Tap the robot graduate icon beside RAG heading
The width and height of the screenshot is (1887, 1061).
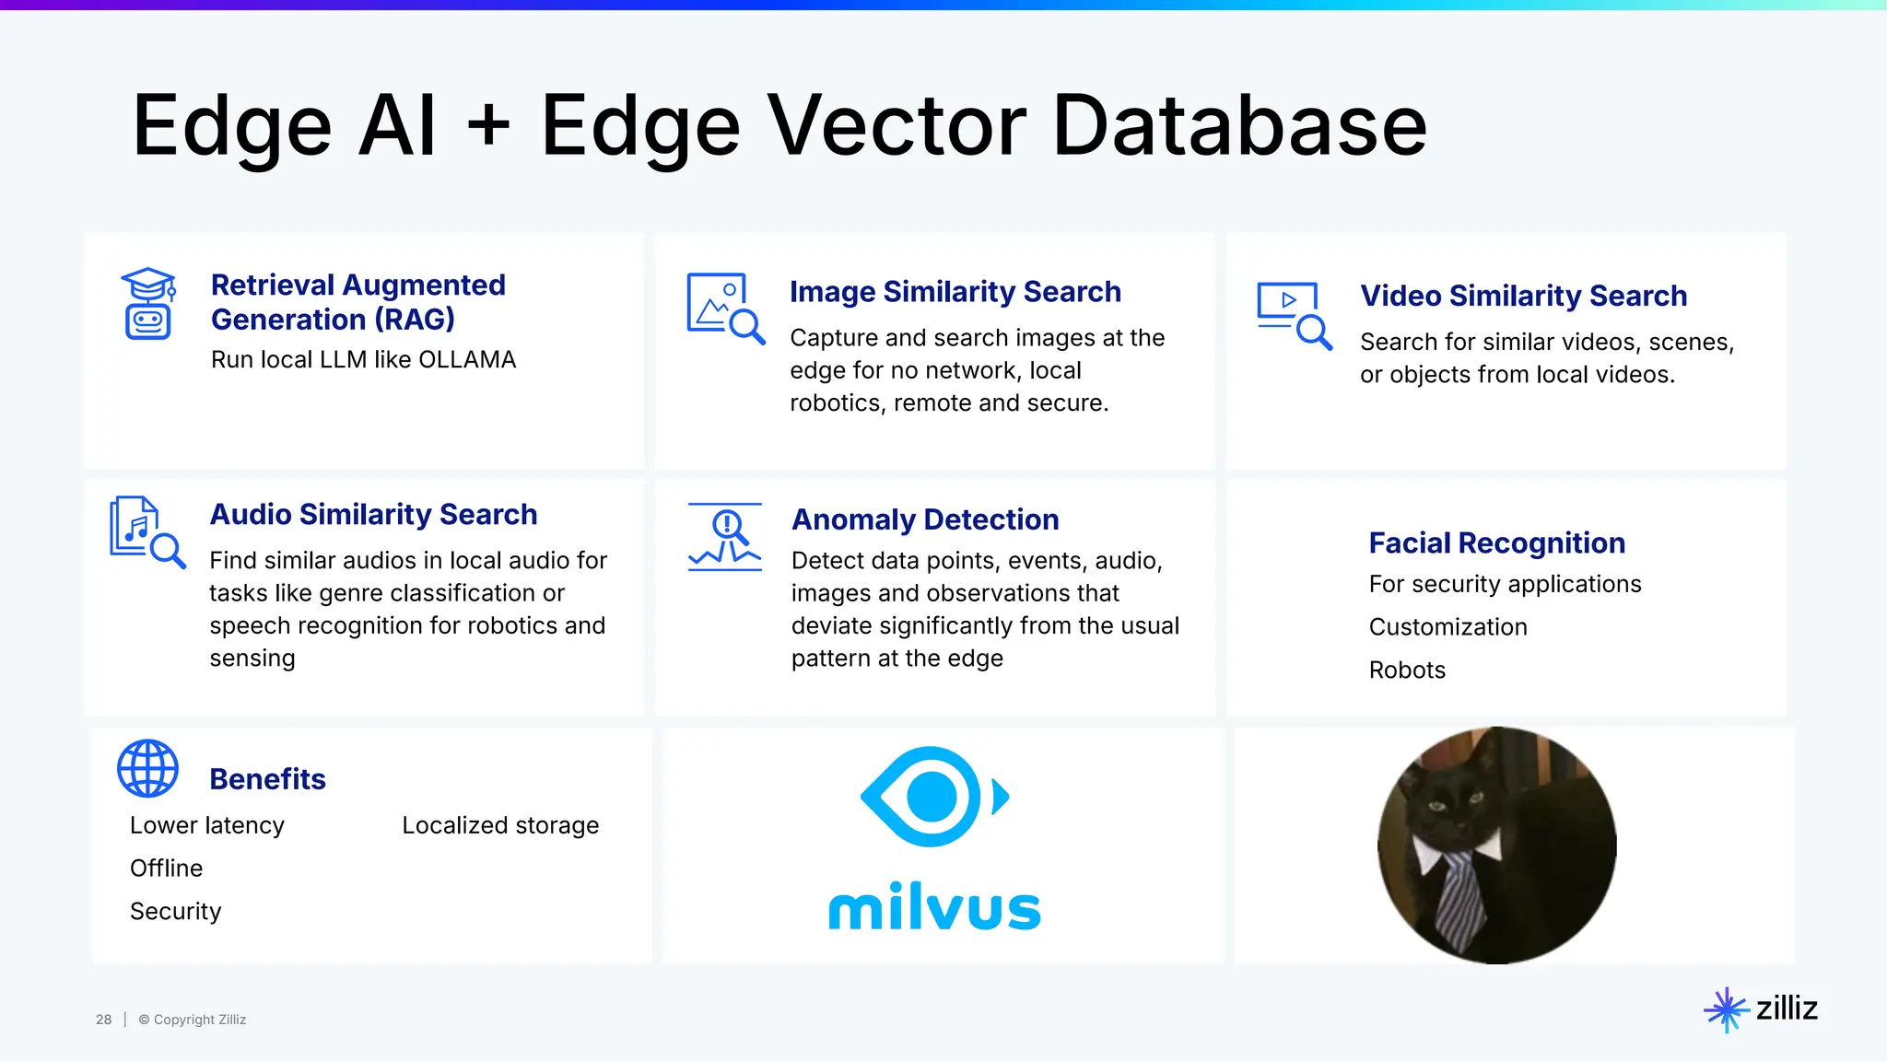point(147,304)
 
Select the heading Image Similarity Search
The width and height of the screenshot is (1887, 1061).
point(955,292)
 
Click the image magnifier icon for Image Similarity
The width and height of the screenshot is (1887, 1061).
point(725,308)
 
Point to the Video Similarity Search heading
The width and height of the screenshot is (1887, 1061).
point(1523,296)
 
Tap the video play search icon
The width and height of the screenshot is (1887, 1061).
point(1294,315)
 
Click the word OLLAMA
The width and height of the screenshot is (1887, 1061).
point(467,360)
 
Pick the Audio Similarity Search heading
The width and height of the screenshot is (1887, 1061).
point(373,514)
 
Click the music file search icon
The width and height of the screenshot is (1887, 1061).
point(147,531)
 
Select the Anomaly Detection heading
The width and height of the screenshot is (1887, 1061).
point(925,519)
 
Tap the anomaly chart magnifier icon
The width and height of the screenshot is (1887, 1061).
point(725,537)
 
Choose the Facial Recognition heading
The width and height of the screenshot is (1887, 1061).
point(1496,543)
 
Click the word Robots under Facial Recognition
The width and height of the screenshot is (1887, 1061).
point(1407,670)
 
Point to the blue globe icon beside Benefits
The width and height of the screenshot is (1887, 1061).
point(147,768)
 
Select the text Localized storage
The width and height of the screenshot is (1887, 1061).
point(500,825)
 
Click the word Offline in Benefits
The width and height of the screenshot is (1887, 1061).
point(166,869)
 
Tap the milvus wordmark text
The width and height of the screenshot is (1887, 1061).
point(934,907)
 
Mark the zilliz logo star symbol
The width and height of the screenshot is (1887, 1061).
point(1725,1009)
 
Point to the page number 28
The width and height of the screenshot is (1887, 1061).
point(103,1020)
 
